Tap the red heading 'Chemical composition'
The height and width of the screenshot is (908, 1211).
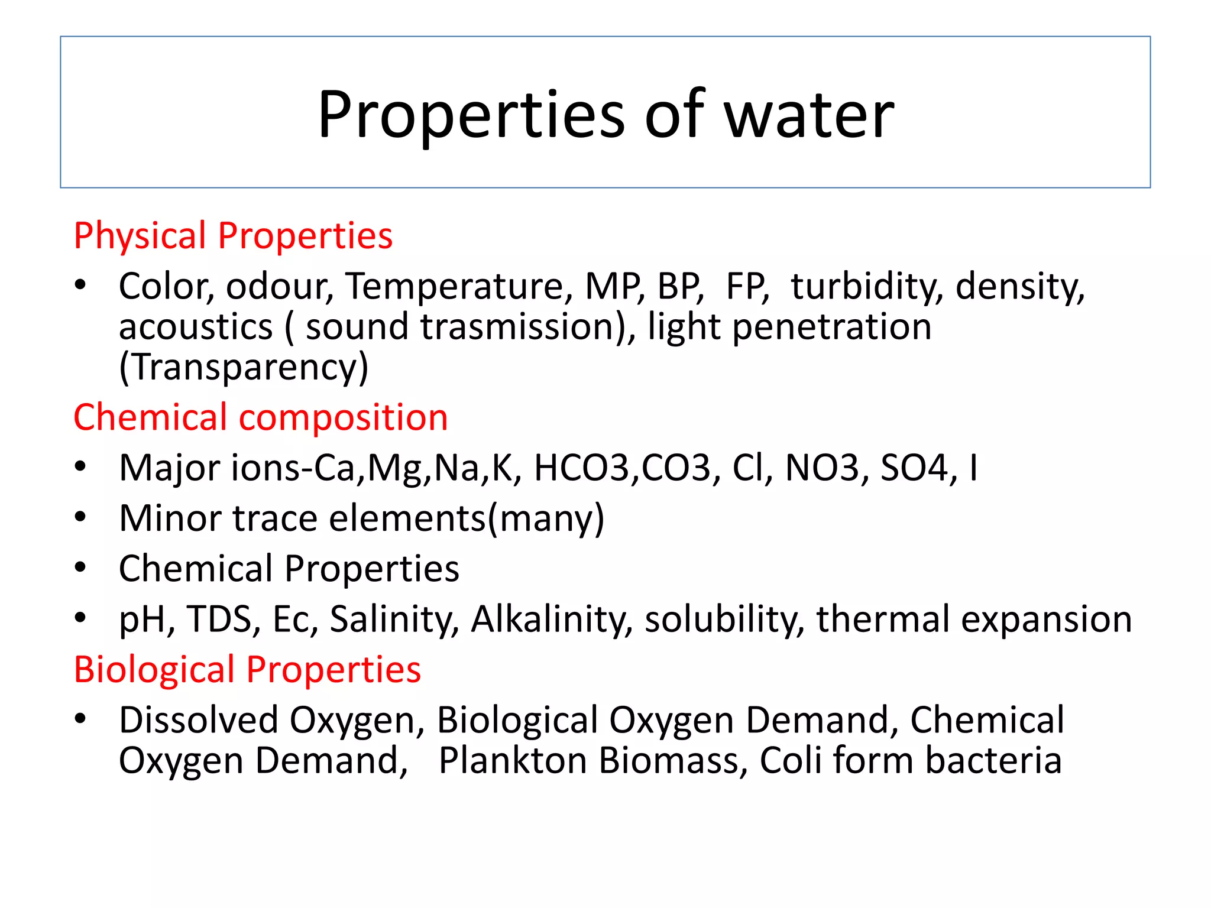(x=260, y=418)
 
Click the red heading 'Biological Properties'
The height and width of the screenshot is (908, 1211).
(x=247, y=670)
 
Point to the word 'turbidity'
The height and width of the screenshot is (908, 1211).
(x=866, y=287)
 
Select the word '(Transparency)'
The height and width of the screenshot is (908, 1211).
(x=244, y=367)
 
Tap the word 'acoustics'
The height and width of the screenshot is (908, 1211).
(x=195, y=327)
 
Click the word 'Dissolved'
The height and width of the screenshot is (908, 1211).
(x=198, y=721)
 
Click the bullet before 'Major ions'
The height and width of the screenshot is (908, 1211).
(x=80, y=467)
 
